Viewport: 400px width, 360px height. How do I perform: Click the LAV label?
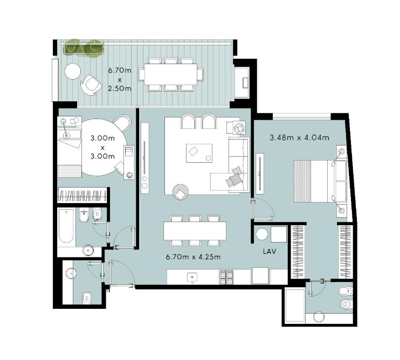[x=270, y=252]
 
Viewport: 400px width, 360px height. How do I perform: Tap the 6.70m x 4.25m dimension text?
[x=193, y=257]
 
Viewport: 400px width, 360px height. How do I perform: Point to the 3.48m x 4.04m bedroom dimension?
[x=300, y=137]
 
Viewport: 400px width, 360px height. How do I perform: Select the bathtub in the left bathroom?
[x=66, y=226]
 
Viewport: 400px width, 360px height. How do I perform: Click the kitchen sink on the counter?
[x=192, y=276]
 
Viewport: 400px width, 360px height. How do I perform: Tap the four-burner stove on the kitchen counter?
[x=226, y=276]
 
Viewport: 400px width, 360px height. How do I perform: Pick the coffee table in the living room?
[x=199, y=153]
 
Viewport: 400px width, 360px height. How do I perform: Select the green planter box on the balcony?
[x=84, y=49]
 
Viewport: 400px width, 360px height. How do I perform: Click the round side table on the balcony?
[x=73, y=71]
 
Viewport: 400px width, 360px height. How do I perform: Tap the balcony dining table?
[x=171, y=74]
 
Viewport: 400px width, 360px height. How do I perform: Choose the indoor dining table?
[x=195, y=231]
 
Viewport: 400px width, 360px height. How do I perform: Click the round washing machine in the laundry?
[x=262, y=234]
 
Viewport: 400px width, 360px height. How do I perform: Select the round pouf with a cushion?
[x=181, y=192]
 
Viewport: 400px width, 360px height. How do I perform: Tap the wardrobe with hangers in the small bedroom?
[x=82, y=195]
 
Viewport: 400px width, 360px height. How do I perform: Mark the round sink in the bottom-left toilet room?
[x=71, y=273]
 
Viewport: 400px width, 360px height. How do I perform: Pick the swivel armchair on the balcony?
[x=90, y=85]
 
